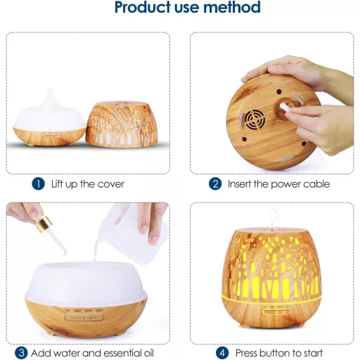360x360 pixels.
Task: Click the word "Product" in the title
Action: click(x=143, y=7)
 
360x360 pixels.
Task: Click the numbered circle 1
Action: click(x=38, y=184)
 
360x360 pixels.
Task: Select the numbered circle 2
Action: click(x=215, y=184)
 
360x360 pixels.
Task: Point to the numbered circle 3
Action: click(x=21, y=352)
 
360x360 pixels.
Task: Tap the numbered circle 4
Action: click(x=222, y=352)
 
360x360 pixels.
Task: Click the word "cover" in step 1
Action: click(x=110, y=184)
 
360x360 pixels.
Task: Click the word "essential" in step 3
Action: click(x=121, y=353)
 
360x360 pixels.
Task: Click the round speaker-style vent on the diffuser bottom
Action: click(x=255, y=120)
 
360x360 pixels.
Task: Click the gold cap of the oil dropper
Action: click(x=44, y=223)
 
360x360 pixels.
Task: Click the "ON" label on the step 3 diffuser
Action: click(x=99, y=311)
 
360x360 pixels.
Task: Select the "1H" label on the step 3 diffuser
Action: click(x=67, y=311)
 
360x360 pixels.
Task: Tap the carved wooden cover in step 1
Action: click(x=122, y=124)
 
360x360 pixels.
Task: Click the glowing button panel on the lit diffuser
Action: click(x=276, y=312)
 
